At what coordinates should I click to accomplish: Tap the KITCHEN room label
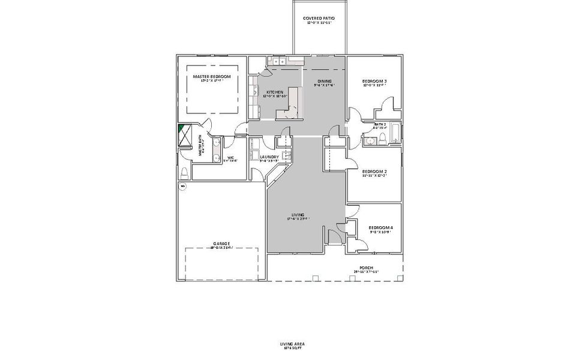click(275, 92)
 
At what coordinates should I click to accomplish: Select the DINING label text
click(325, 82)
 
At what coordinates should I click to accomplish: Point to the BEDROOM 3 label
click(374, 82)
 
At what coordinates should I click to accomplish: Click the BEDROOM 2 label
click(374, 172)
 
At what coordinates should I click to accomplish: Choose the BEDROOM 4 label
click(380, 228)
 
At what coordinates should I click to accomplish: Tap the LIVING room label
click(298, 215)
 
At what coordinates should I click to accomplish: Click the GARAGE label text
click(221, 244)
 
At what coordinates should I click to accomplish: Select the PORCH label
click(366, 268)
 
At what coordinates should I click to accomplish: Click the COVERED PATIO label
click(319, 19)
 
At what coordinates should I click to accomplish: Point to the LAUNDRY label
click(269, 157)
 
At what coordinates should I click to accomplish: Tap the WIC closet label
click(230, 158)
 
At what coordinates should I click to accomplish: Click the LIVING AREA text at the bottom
click(292, 344)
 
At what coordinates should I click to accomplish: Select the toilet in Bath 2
click(383, 140)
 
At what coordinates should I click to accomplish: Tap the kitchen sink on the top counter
click(278, 61)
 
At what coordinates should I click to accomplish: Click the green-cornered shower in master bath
click(183, 134)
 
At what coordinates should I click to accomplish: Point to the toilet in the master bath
click(184, 172)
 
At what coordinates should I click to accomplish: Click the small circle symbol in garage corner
click(183, 187)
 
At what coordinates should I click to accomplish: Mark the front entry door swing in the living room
click(334, 236)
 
